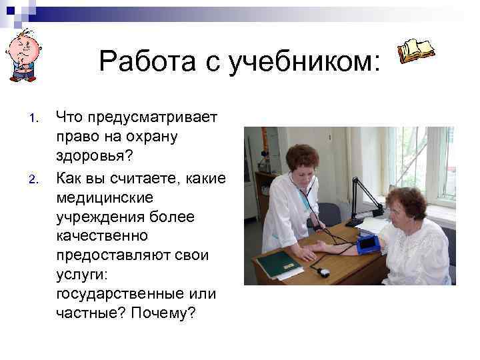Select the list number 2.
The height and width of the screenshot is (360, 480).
(x=35, y=179)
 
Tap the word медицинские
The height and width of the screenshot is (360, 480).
(x=105, y=197)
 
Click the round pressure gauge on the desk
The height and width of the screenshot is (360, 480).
(x=323, y=272)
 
